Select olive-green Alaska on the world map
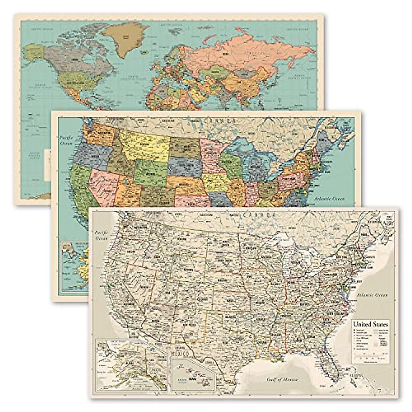click(x=33, y=51)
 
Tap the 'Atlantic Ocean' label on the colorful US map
click(x=330, y=198)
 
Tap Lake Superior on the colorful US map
click(x=240, y=144)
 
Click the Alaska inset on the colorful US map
click(x=74, y=268)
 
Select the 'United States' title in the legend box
click(x=370, y=324)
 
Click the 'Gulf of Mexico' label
click(x=283, y=379)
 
